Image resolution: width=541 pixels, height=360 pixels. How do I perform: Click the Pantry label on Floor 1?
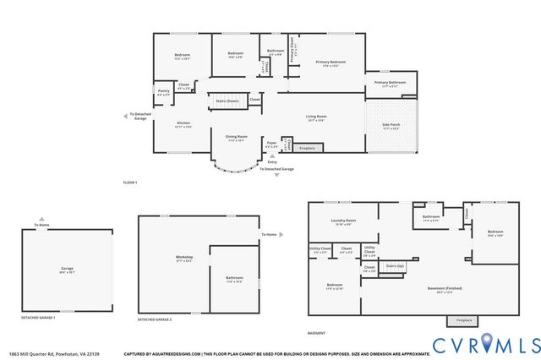[164, 94]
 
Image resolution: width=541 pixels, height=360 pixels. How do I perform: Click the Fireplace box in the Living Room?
[307, 148]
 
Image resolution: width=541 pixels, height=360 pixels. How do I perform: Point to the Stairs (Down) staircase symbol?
[227, 101]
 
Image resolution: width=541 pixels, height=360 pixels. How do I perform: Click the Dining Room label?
[236, 137]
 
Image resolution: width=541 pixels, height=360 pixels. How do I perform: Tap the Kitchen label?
[183, 125]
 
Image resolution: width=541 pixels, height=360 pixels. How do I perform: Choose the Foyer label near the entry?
[270, 144]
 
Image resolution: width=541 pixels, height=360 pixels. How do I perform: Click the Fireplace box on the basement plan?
[464, 320]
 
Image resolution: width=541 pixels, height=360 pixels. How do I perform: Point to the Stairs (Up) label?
[394, 266]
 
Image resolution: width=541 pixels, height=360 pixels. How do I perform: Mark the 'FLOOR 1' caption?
[129, 183]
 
